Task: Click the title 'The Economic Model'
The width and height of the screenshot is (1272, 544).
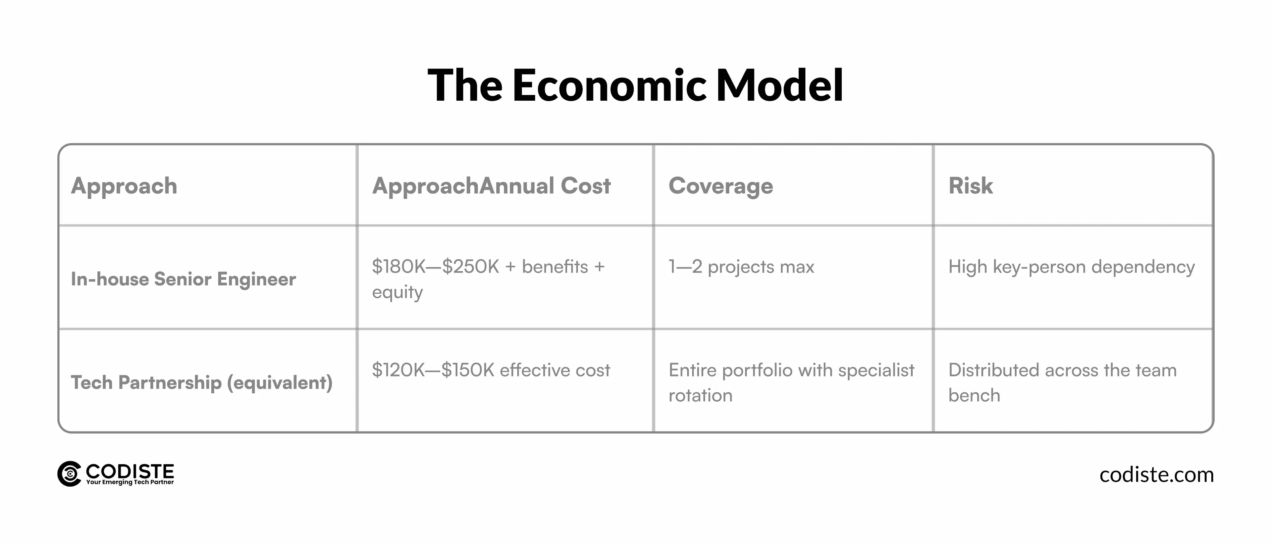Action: (x=636, y=85)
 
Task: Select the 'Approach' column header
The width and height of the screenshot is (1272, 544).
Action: (x=124, y=186)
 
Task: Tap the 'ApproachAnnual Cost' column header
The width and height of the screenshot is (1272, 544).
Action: (x=491, y=186)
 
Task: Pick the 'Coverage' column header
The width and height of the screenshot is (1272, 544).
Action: (x=720, y=186)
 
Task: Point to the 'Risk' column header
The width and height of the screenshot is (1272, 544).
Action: (x=970, y=186)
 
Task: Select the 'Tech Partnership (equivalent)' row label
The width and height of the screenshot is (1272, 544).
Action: (x=201, y=382)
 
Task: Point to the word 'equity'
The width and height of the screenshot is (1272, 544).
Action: (x=397, y=293)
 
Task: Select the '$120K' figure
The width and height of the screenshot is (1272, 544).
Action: (x=398, y=370)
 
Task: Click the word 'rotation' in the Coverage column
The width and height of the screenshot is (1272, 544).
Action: (x=700, y=395)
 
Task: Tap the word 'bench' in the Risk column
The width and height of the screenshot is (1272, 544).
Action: (x=974, y=395)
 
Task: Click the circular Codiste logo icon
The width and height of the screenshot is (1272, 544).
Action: (x=69, y=474)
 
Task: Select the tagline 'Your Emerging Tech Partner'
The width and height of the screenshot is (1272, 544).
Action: (x=130, y=482)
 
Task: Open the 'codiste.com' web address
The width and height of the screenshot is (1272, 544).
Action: (x=1156, y=475)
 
